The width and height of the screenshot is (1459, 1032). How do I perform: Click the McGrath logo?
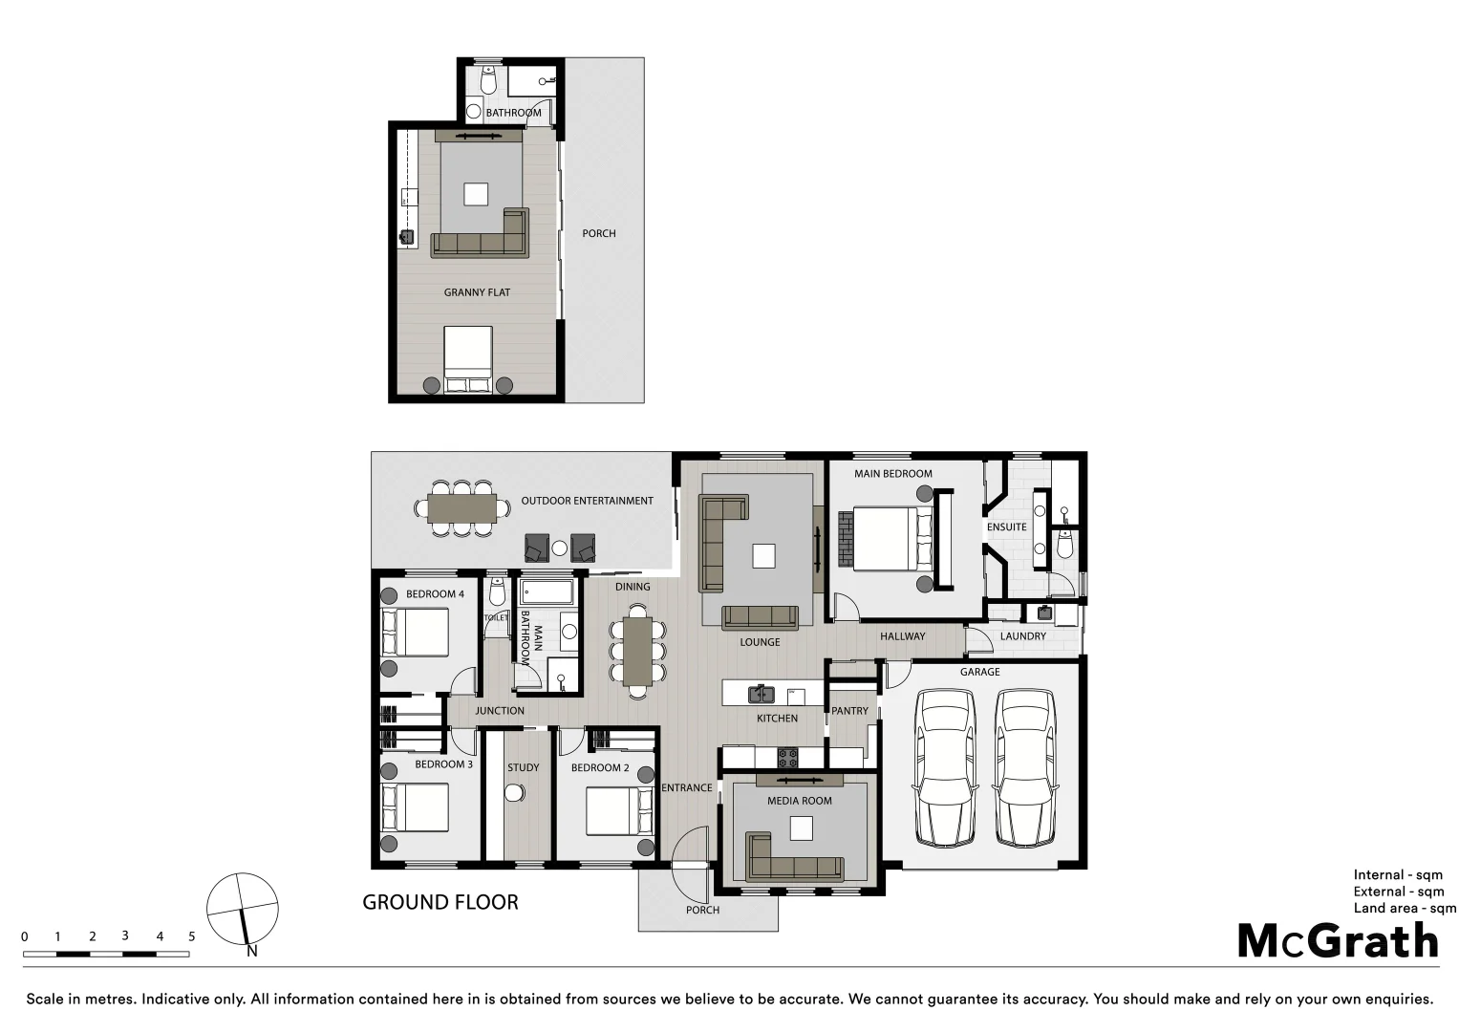[x=1338, y=941]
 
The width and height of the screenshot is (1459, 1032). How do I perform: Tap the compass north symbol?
[x=243, y=909]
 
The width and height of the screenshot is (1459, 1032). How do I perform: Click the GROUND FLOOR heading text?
[x=440, y=902]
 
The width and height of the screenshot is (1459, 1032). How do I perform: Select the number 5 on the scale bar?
[x=191, y=936]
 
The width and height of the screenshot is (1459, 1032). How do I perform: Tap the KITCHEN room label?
[x=777, y=718]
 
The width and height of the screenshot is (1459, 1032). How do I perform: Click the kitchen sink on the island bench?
[x=761, y=694]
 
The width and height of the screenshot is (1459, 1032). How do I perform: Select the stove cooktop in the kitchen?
[x=787, y=759]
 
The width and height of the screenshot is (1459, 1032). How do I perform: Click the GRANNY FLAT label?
[x=477, y=292]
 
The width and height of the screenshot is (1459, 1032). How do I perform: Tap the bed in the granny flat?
[x=468, y=359]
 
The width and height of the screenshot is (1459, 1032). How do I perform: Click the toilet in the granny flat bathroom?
[x=488, y=81]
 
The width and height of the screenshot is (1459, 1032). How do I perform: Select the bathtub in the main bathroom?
[x=547, y=592]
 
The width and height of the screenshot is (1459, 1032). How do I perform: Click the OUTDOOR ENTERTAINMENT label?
[x=587, y=501]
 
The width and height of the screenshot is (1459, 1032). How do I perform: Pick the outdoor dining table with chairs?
[x=461, y=508]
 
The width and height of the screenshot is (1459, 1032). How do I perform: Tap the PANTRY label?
[x=849, y=711]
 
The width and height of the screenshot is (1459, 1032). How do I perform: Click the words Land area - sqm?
[x=1404, y=908]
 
